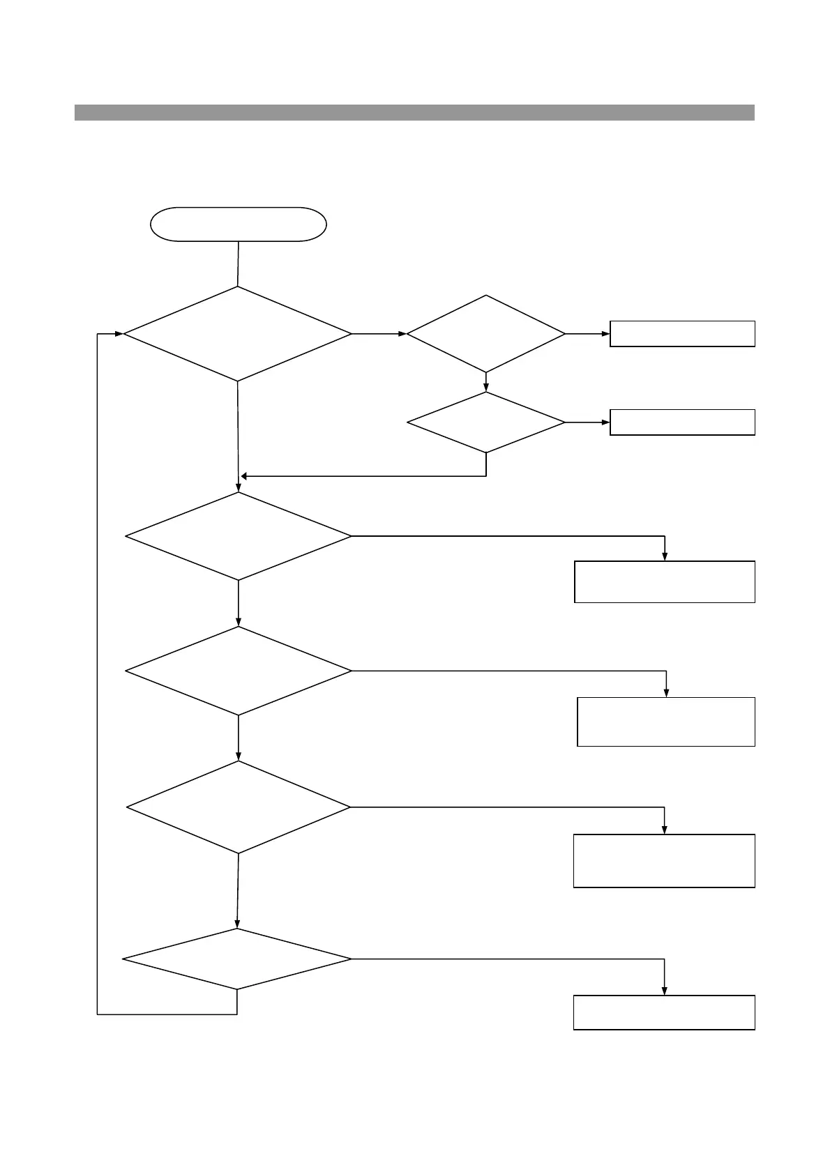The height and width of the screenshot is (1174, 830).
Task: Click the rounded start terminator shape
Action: [239, 224]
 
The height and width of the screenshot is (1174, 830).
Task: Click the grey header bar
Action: [414, 112]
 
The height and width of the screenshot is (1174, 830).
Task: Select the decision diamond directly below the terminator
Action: [238, 334]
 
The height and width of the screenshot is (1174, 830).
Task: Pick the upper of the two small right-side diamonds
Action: [486, 334]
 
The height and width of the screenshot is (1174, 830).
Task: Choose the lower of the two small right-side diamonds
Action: [486, 422]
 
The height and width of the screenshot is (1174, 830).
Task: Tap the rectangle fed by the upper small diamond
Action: [682, 334]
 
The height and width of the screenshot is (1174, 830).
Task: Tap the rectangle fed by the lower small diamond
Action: [682, 422]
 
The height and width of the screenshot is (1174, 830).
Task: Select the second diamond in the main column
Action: [239, 536]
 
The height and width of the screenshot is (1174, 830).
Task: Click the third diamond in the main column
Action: [239, 671]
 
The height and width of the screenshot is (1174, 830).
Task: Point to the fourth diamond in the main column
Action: [239, 807]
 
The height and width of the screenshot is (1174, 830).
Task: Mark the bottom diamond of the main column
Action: [237, 959]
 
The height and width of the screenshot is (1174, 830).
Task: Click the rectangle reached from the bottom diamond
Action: [664, 1012]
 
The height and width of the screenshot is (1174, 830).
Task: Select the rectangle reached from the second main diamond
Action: [665, 581]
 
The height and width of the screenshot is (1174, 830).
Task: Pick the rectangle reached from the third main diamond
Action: [666, 722]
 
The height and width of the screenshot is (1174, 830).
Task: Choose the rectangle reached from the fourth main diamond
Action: [664, 860]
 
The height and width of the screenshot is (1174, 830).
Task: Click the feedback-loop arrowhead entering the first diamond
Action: [119, 334]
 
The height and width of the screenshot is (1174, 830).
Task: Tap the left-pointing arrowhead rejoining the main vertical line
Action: [244, 477]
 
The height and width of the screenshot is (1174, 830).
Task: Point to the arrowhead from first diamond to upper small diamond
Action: [402, 334]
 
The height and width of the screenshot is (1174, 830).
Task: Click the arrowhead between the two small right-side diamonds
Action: [486, 387]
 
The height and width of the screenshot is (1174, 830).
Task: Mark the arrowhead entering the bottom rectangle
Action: [664, 991]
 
